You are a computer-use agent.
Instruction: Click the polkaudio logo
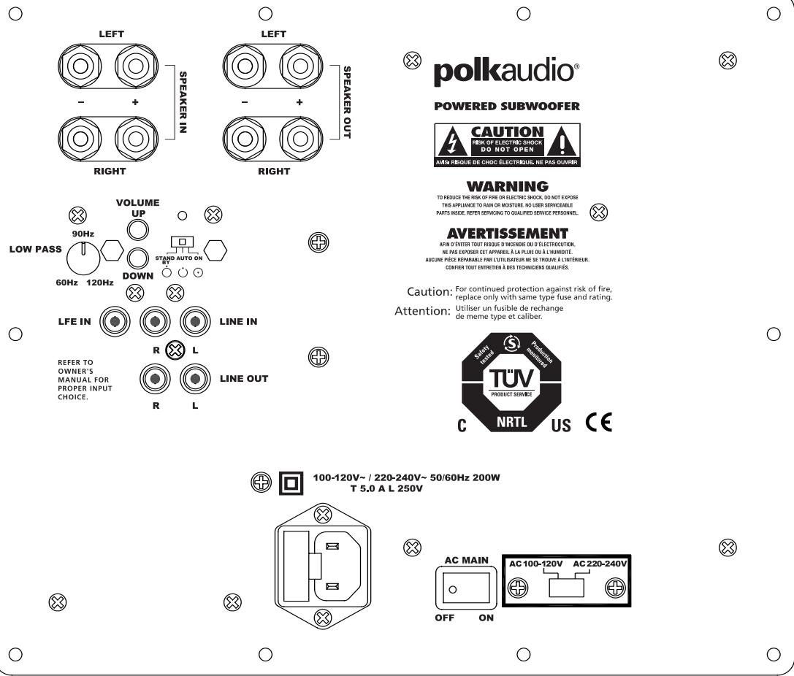coord(507,73)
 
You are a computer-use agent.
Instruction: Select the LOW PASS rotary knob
coord(82,257)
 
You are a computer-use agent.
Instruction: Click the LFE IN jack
coord(113,321)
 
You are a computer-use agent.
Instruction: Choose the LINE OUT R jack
coord(155,378)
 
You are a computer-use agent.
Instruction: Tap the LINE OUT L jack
coord(194,378)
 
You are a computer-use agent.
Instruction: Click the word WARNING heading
coord(507,188)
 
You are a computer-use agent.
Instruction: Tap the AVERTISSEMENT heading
coord(507,234)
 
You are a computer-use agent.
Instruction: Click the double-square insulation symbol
coord(290,483)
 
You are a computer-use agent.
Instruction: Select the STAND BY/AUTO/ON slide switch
coord(178,242)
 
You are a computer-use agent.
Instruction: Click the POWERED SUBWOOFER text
coord(507,107)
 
